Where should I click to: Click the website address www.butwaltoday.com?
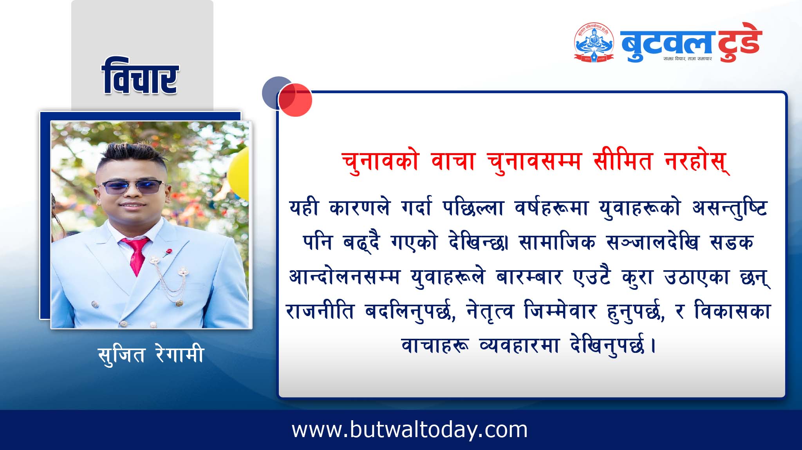410,430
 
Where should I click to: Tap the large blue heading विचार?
140,76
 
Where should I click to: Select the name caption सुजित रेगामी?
151,354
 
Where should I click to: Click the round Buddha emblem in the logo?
594,42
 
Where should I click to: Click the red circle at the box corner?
295,100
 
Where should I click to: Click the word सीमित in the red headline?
623,161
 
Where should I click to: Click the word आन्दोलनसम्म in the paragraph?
344,277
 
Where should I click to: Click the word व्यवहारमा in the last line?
519,346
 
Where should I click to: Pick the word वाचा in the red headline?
453,161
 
